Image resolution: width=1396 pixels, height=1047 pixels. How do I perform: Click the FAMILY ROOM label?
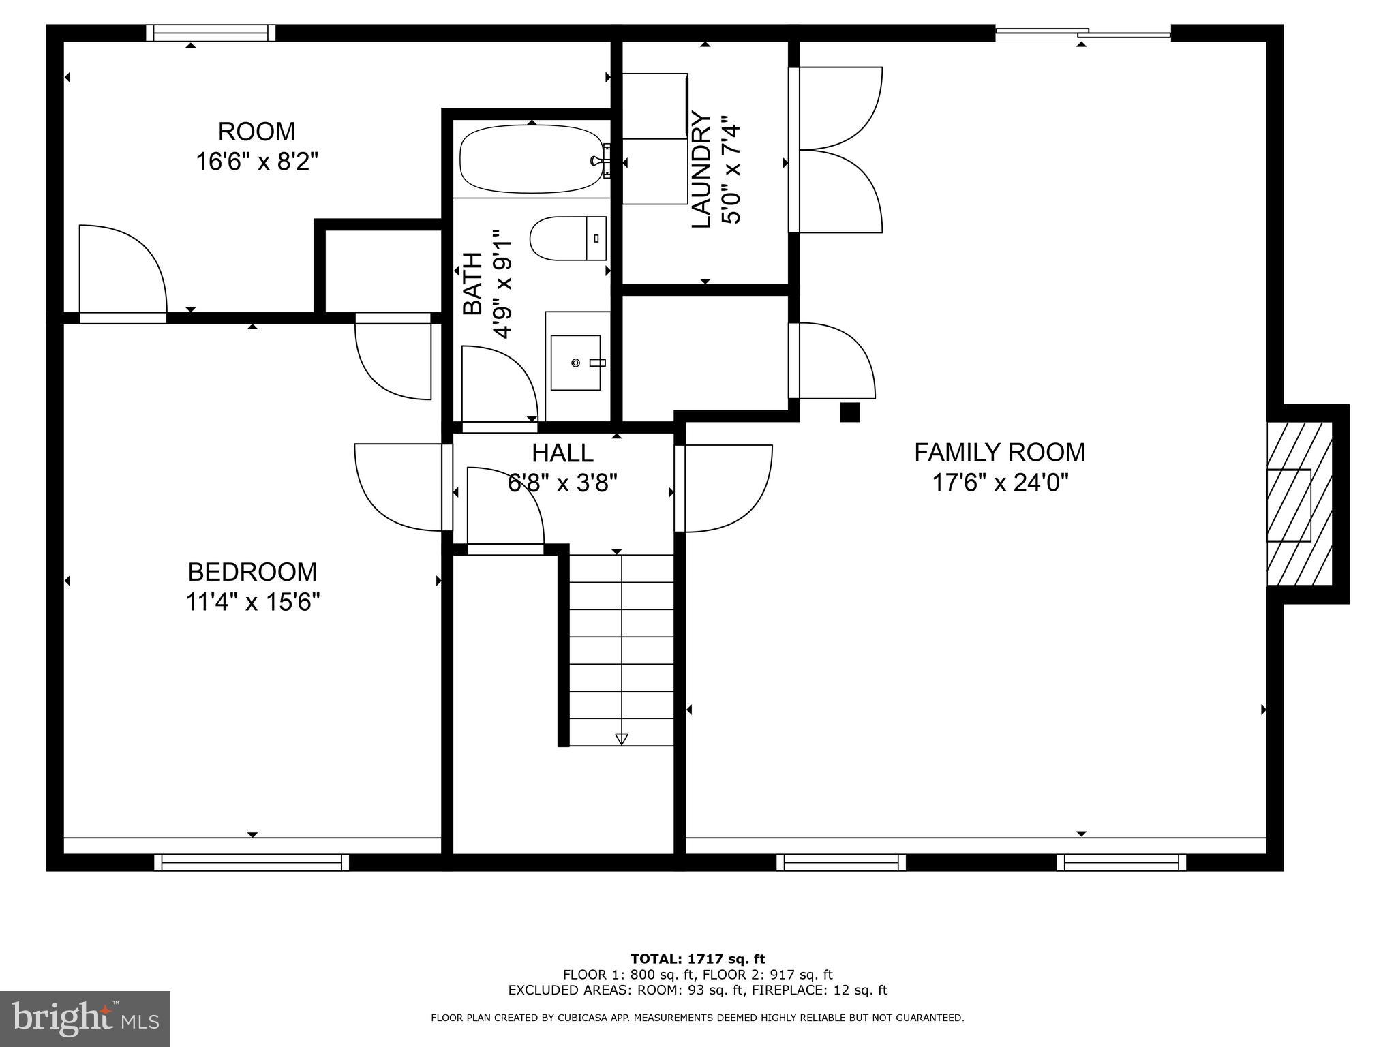(999, 452)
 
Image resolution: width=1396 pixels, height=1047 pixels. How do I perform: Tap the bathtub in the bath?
(530, 160)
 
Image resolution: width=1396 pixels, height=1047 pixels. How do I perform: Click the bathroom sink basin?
(575, 363)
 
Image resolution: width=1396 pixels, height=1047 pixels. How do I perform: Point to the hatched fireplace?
(1299, 504)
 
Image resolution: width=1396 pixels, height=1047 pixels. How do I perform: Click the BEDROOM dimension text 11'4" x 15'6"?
(253, 603)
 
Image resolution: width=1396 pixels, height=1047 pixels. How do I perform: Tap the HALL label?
(562, 453)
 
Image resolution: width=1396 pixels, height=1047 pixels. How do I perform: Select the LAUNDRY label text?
(701, 170)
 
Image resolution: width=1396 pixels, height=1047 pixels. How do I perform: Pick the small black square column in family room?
(849, 412)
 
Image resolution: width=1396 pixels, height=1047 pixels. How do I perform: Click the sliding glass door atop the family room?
(1083, 32)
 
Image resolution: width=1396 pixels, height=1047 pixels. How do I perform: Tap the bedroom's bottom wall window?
(252, 863)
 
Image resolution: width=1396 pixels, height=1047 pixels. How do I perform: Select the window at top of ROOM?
(211, 33)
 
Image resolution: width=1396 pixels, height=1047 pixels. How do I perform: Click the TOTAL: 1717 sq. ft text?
(697, 960)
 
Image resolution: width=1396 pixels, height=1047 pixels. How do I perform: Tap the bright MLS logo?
(85, 1019)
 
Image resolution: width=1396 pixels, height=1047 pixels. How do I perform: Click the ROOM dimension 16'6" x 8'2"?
(257, 162)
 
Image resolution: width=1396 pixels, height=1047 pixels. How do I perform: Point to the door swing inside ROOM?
(123, 269)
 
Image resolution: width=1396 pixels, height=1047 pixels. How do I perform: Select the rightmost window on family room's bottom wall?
(1121, 863)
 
